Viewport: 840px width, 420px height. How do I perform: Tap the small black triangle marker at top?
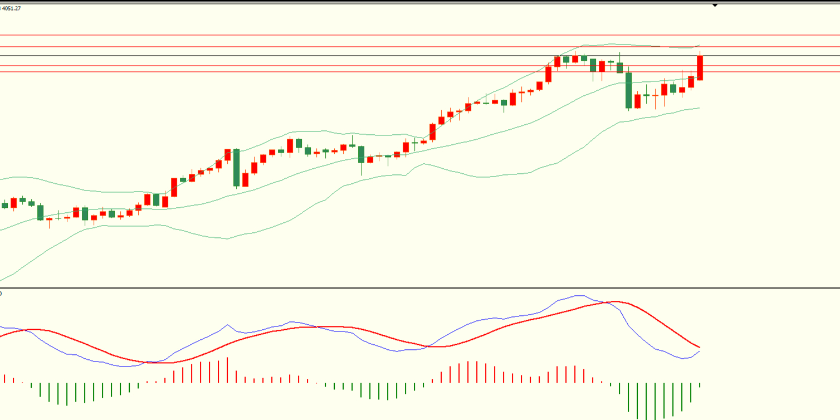click(x=715, y=6)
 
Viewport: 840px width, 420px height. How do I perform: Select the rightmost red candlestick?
click(x=700, y=67)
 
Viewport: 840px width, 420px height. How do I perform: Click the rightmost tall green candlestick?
click(x=628, y=90)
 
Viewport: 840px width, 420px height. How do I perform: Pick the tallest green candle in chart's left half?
click(x=236, y=168)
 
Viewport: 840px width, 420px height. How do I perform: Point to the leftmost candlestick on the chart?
click(x=5, y=205)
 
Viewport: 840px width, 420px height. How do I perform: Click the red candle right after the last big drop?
click(x=637, y=101)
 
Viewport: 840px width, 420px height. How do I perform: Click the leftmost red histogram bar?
click(x=4, y=378)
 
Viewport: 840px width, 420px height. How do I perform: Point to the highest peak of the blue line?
click(x=578, y=296)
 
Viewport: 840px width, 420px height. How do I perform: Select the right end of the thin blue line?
click(x=699, y=351)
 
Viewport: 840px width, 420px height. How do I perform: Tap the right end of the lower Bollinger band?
click(x=699, y=108)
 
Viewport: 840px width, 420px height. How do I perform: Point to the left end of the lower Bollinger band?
click(x=2, y=280)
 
